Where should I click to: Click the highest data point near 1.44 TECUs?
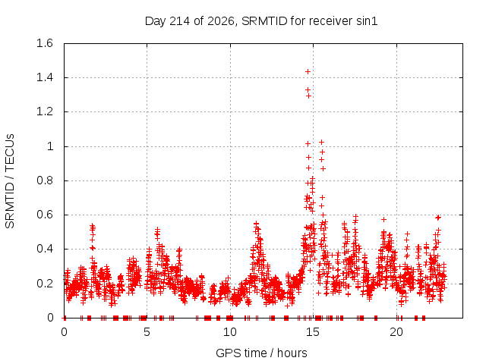308,72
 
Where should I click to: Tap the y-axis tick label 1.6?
45,43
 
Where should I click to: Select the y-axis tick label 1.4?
45,77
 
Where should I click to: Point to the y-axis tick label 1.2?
45,111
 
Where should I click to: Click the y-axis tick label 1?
50,146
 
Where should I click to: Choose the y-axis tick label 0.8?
45,180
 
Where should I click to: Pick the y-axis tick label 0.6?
45,215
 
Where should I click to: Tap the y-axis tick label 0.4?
45,249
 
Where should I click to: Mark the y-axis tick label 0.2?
45,283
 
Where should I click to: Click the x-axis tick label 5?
147,332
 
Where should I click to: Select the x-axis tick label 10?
230,332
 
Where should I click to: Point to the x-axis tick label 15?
313,332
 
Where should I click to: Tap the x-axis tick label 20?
396,332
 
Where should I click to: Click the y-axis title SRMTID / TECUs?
10,181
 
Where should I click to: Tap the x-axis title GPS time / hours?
261,353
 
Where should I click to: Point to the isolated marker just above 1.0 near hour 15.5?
322,143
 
